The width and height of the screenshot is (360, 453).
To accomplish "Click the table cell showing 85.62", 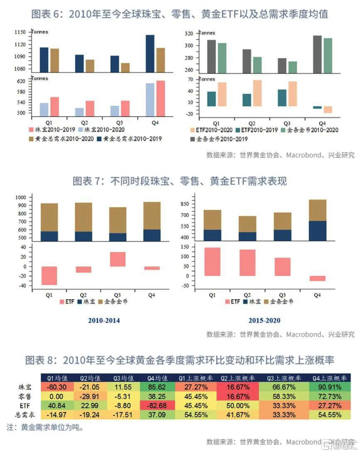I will (x=157, y=387).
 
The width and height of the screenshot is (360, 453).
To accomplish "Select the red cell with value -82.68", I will (x=157, y=405).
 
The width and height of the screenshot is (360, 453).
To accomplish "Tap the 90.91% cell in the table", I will (x=330, y=387).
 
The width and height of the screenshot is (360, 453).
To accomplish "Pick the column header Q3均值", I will (x=124, y=378).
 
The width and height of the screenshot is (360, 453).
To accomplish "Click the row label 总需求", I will (x=25, y=414).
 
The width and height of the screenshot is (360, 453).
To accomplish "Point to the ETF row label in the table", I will (x=25, y=405).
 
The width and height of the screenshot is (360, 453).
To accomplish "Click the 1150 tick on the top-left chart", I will (x=20, y=32).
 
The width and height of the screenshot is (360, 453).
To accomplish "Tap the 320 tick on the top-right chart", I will (x=189, y=34).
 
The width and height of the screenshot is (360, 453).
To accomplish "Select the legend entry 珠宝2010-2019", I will (x=52, y=130).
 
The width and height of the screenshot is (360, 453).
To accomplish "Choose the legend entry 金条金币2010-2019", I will (x=219, y=139).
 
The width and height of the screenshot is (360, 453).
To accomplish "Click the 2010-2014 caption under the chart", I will (x=104, y=320).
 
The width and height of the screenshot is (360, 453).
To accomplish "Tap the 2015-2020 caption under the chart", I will (x=264, y=320).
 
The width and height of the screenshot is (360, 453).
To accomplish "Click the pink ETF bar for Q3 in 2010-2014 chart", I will (x=118, y=259).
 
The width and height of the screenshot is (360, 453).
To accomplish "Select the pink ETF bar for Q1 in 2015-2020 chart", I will (x=212, y=262).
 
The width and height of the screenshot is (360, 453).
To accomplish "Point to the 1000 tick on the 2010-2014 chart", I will (x=21, y=198).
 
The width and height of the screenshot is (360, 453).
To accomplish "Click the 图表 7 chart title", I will (x=180, y=181).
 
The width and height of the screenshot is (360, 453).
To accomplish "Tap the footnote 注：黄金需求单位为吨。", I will (x=45, y=427).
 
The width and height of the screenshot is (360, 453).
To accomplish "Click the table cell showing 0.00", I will (x=56, y=396).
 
